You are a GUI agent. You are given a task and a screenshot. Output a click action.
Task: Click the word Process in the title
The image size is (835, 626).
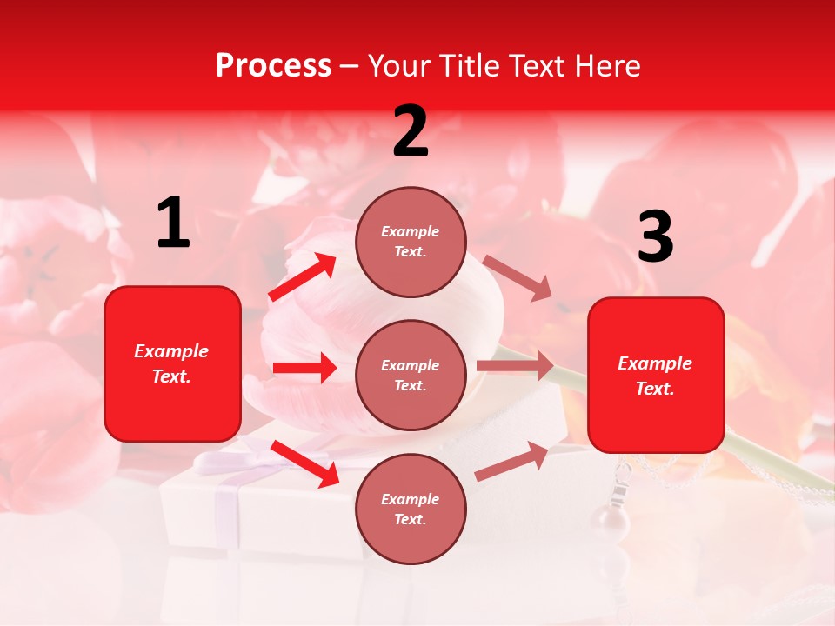[x=273, y=66]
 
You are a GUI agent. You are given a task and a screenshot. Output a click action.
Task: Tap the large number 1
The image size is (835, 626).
[x=173, y=223]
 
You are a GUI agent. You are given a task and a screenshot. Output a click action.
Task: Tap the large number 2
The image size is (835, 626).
[x=411, y=132]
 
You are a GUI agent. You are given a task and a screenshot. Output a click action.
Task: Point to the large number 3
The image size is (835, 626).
[x=655, y=237]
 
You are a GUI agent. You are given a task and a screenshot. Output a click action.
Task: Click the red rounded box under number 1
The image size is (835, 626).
[x=172, y=363]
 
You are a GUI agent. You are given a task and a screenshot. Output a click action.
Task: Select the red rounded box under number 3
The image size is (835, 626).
[x=656, y=375]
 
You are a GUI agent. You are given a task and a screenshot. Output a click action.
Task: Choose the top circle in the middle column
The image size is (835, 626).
[x=411, y=242]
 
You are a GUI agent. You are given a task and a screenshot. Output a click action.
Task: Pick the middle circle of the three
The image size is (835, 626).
[x=411, y=376]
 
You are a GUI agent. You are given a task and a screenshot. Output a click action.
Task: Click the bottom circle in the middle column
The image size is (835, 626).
[x=411, y=509]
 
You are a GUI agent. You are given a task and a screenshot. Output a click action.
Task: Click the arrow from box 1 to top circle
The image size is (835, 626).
[x=303, y=277]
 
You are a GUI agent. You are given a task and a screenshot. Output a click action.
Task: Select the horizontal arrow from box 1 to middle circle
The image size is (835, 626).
[x=304, y=368]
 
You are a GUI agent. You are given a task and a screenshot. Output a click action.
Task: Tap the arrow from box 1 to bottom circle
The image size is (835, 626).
[x=305, y=463]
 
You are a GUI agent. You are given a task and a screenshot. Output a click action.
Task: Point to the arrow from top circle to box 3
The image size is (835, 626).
[x=518, y=278]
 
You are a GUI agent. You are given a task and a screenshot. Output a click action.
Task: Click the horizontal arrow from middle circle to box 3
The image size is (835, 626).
[x=515, y=366]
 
